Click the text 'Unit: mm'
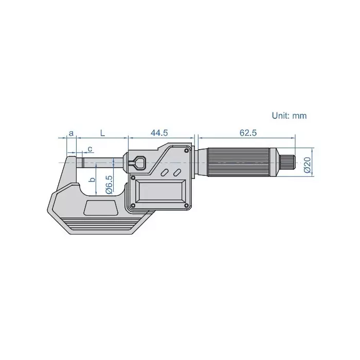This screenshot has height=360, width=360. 289,116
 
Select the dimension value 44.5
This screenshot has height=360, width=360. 159,133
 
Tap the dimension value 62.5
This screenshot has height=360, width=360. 247,133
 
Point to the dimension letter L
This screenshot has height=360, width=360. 102,133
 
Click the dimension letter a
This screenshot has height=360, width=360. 71,133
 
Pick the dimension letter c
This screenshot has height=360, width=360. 90,149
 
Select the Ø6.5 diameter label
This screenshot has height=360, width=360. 109,183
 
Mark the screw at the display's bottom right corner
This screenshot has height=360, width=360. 188,206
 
